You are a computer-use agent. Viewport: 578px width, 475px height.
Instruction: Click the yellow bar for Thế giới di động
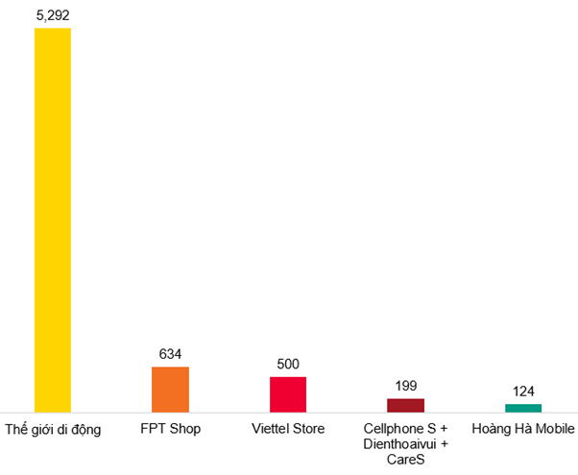coord(53,221)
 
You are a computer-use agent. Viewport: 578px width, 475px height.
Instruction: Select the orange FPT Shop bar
coord(170,390)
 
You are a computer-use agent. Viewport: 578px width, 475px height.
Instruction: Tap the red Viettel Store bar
coord(288,394)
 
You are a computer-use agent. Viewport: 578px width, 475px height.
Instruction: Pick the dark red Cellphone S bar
coord(405,405)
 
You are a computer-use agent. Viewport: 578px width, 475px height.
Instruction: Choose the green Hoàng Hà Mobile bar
coord(523,408)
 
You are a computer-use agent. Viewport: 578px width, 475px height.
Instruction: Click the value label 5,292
coord(53,14)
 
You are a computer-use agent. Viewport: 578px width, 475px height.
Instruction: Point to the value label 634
coord(170,354)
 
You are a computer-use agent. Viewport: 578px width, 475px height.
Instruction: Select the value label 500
coord(288,364)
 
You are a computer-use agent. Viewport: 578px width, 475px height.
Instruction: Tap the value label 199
coord(405,386)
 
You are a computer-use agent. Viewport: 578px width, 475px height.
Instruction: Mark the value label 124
coord(523,392)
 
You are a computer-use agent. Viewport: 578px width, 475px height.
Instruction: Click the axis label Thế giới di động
coord(53,429)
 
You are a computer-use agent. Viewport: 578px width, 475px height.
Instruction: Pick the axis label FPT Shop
coord(170,428)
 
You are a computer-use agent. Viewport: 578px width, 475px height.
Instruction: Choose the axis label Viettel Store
coord(288,428)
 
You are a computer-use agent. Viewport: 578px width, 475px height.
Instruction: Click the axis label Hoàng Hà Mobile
coord(523,428)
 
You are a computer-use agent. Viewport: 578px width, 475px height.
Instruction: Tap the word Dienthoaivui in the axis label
coord(399,444)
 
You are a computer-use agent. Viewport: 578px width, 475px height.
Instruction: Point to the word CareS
coord(406,461)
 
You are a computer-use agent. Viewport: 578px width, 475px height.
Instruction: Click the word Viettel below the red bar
coord(269,428)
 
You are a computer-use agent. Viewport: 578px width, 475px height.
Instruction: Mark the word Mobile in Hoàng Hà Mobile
coord(554,428)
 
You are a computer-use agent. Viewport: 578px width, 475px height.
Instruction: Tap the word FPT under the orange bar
coord(154,428)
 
